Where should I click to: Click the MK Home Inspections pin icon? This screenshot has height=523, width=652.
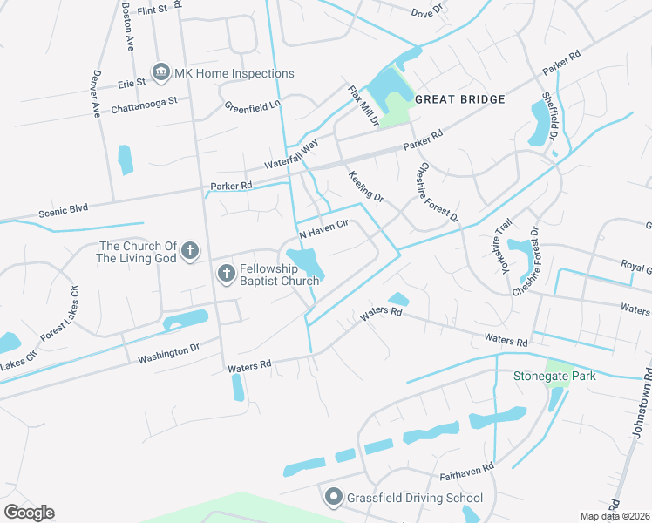pos(161,72)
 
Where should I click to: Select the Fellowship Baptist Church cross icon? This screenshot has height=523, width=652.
pos(226,275)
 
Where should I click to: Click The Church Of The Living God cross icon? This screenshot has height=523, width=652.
pos(191,253)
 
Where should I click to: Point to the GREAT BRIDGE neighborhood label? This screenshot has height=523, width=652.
pos(460,99)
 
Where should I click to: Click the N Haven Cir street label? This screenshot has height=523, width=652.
pos(324,229)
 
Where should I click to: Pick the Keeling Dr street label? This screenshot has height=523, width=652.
pos(366,186)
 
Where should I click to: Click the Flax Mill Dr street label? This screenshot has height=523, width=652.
pos(363,105)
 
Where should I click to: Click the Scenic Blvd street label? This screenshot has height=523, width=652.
pos(64,212)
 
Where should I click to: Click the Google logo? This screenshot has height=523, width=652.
pos(29,513)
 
